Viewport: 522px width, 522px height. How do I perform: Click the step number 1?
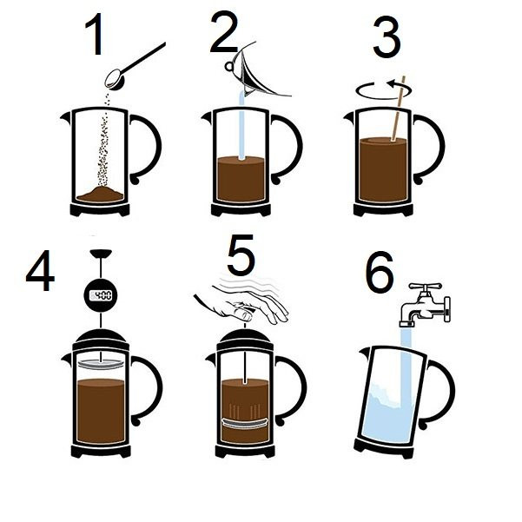coord(95,34)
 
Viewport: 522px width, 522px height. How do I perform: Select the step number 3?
coord(387,37)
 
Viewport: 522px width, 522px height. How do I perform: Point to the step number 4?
coord(40,270)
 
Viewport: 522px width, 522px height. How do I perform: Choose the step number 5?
coord(241,254)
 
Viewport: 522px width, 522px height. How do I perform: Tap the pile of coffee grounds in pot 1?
coord(100,195)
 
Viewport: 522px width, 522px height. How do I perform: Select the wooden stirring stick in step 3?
coord(399,109)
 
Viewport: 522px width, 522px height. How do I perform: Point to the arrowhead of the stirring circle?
coord(392,84)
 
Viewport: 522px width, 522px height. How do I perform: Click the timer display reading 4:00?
coord(101,295)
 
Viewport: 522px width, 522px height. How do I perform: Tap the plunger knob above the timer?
coord(101,254)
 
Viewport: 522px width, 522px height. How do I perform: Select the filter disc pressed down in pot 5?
coord(245,423)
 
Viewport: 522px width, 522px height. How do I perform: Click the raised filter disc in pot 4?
coord(101,364)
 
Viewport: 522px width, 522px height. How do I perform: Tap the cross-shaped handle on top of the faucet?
coord(425,287)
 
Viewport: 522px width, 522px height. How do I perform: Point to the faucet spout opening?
coord(406,324)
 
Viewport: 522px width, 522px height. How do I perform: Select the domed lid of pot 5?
coord(245,338)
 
